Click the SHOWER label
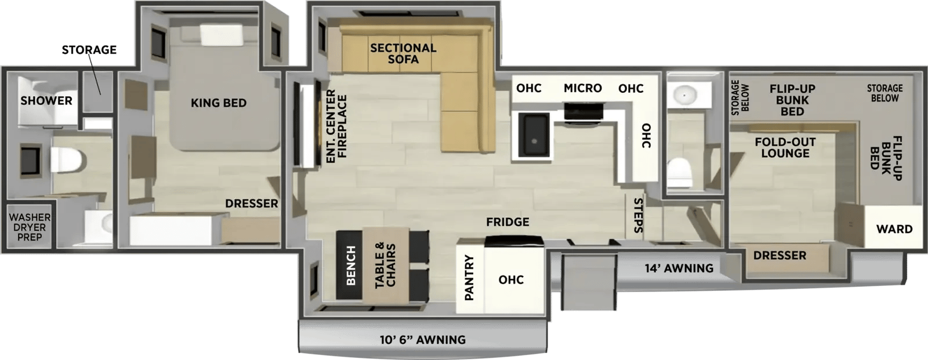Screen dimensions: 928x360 [46, 101]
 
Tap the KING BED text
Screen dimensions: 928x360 [219, 103]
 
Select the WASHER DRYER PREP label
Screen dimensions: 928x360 [30, 227]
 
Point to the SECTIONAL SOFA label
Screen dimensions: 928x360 [403, 54]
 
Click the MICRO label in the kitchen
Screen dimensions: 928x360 [582, 88]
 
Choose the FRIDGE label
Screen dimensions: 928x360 [507, 223]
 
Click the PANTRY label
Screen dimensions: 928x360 [469, 278]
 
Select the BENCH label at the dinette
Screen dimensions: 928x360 [351, 266]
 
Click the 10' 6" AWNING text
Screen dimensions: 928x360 [423, 340]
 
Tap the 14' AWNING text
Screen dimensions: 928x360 [679, 268]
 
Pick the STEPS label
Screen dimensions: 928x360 [639, 216]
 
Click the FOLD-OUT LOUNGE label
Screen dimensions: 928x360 [785, 148]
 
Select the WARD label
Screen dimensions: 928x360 [894, 230]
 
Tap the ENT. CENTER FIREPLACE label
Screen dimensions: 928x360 [336, 126]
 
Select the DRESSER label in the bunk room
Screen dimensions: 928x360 [780, 256]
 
